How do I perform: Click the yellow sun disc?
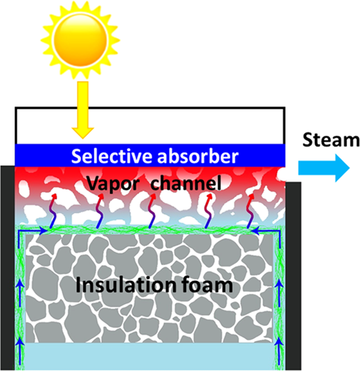80,39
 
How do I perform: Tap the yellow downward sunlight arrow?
83,110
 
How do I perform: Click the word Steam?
331,140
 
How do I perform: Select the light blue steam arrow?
324,168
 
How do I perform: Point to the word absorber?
198,156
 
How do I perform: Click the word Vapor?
113,183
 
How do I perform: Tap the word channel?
186,183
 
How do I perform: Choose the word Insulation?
126,285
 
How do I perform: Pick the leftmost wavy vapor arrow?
53,211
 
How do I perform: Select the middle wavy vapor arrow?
152,211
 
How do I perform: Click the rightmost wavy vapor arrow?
251,211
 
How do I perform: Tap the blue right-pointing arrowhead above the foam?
43,230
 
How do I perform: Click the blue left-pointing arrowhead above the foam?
255,230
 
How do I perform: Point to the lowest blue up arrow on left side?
20,352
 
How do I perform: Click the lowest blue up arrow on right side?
280,352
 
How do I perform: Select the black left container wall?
8,268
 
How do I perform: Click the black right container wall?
294,276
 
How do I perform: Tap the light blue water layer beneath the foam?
149,356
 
